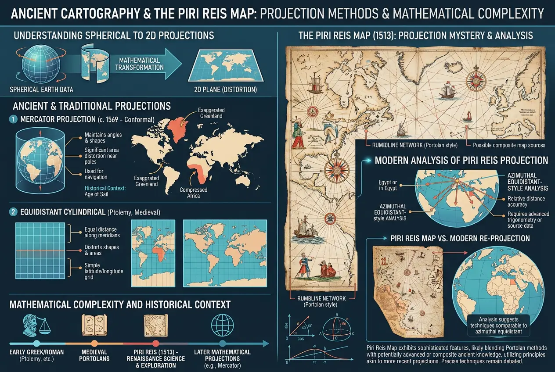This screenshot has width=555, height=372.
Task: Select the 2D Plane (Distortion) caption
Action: (225, 90)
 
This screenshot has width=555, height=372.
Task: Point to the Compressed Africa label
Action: (194, 193)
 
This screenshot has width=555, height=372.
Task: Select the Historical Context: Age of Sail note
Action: (105, 191)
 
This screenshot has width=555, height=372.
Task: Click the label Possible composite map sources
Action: (509, 145)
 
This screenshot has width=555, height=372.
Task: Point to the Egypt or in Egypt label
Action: (388, 185)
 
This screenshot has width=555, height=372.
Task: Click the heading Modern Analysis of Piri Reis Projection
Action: (461, 161)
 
